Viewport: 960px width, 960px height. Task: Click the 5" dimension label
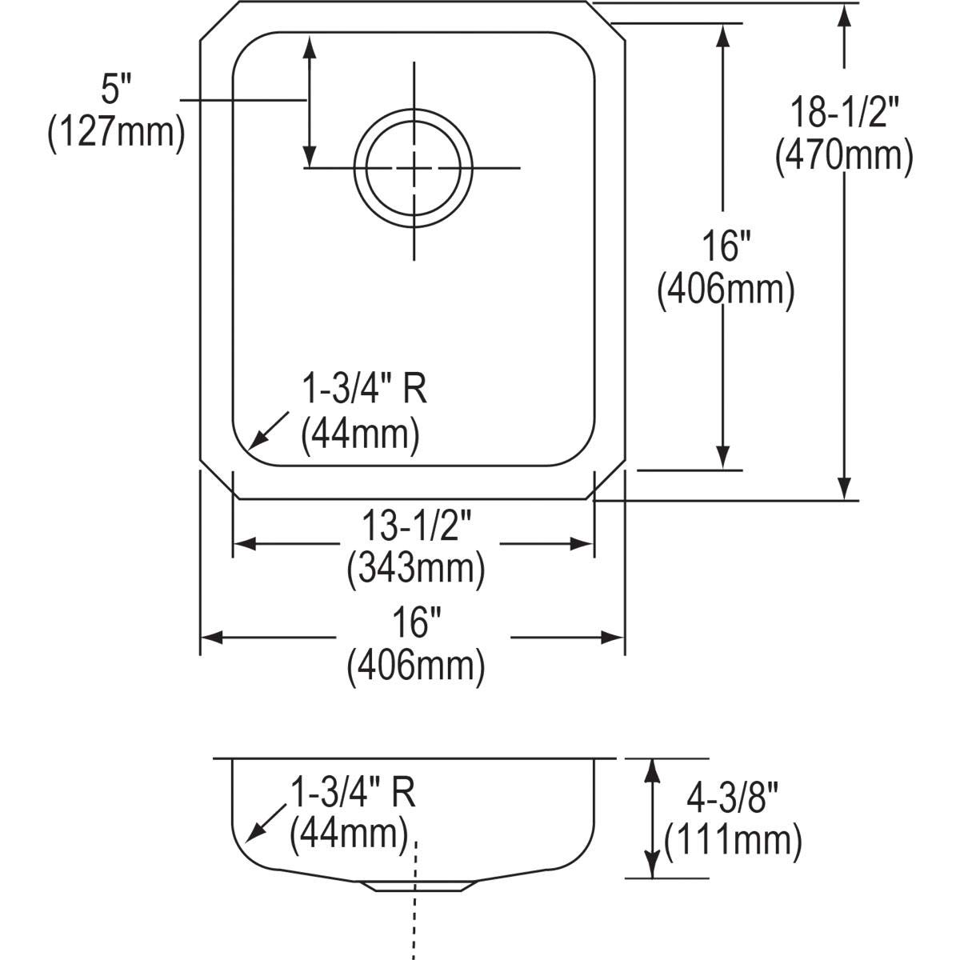click(x=114, y=91)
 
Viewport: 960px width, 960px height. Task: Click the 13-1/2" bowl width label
click(x=414, y=528)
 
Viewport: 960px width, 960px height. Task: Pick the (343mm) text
click(x=415, y=569)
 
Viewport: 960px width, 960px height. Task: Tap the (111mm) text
click(x=733, y=840)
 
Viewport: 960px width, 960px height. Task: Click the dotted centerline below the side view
click(x=414, y=928)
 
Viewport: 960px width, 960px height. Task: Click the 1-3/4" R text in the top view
click(x=364, y=391)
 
